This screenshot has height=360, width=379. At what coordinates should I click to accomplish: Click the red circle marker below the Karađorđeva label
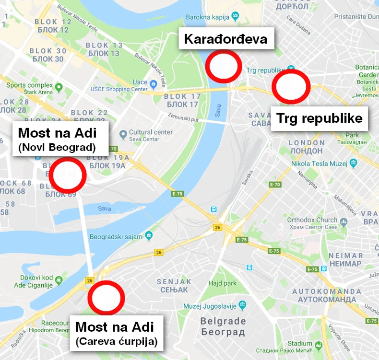point(224,67)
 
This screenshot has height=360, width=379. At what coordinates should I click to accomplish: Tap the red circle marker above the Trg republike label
point(291,87)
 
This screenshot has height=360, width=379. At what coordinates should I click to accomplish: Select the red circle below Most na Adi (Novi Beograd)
point(69,175)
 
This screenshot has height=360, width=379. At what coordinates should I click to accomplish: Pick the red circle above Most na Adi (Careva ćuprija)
point(106,298)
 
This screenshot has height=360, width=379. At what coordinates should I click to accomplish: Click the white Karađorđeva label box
point(225,38)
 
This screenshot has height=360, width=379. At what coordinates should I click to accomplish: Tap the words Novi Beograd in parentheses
point(57,147)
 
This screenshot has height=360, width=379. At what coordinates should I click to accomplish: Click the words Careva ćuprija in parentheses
point(117,342)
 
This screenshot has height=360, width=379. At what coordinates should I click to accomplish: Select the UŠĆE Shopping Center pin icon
point(153,84)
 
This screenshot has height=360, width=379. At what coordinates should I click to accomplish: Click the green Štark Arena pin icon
point(59,88)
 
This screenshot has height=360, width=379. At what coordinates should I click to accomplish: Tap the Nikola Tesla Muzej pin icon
point(354,163)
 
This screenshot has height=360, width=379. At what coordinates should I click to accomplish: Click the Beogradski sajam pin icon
point(149,235)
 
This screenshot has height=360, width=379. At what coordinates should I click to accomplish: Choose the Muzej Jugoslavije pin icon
point(242,304)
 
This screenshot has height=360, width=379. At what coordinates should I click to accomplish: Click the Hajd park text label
point(222,283)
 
